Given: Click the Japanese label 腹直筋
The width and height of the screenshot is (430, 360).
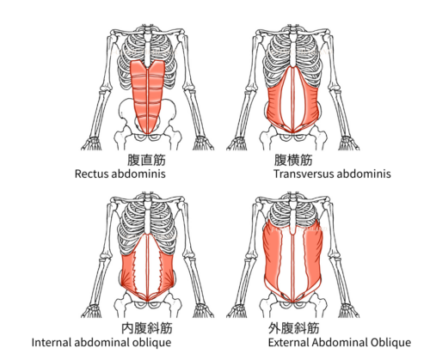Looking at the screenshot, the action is point(146,160).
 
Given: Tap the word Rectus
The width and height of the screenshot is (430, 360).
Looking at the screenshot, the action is point(91,174).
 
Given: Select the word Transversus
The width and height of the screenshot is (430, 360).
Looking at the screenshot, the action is point(303,174).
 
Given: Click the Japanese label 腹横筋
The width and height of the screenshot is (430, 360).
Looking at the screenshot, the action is point(293,160).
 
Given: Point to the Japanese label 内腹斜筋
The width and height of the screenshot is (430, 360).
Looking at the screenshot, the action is point(147,328).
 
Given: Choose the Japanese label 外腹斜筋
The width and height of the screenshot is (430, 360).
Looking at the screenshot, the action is point(294,328).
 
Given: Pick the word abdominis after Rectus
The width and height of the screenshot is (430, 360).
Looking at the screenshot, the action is point(138,174).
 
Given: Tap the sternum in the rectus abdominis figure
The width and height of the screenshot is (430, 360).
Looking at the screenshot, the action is point(147,52).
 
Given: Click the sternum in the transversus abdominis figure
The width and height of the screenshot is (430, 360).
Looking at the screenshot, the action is point(293,52).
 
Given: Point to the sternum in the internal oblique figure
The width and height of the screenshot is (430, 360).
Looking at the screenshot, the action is point(147,220).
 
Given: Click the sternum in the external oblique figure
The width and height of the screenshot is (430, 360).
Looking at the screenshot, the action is point(293,219).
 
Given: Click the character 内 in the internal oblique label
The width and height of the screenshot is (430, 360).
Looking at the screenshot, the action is point(127,328).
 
